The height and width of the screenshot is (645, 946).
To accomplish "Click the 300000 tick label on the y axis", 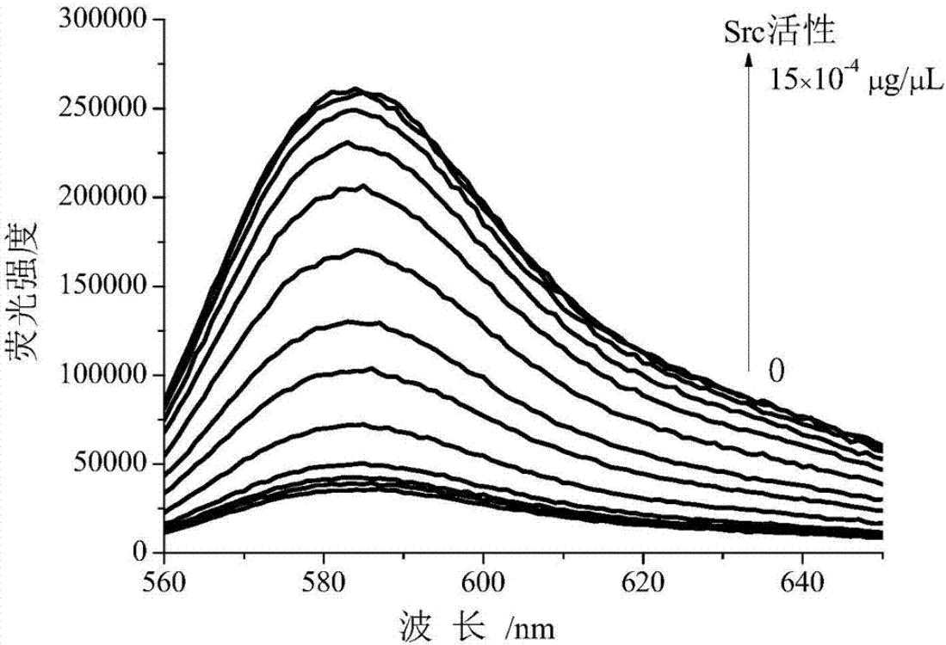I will pyautogui.click(x=101, y=20).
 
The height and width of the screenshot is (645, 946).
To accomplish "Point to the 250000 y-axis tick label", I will pyautogui.click(x=101, y=109).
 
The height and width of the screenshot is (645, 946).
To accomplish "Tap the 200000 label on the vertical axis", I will pyautogui.click(x=101, y=198).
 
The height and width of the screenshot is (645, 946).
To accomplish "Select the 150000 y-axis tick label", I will pyautogui.click(x=101, y=287).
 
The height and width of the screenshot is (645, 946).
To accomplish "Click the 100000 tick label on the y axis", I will pyautogui.click(x=101, y=376).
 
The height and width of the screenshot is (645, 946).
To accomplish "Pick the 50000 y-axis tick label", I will pyautogui.click(x=107, y=465).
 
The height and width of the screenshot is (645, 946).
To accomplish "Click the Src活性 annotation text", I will pyautogui.click(x=780, y=34).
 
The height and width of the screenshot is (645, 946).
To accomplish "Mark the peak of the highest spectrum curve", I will pyautogui.click(x=355, y=88).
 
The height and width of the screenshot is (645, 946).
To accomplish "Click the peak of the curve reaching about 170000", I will pyautogui.click(x=356, y=250).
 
